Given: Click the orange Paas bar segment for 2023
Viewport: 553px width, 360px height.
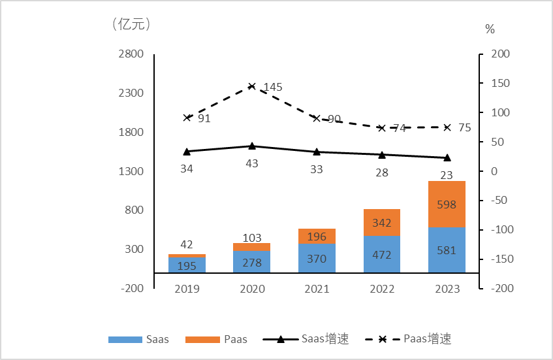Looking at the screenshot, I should pos(447,204).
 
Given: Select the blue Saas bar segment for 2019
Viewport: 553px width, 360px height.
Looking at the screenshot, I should pos(187,265).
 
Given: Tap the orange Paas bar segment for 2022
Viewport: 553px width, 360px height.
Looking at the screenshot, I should pos(382,223).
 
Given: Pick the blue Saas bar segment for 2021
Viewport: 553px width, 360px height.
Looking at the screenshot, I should pos(317,258).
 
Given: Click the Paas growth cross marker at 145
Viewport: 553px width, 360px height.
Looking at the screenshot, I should pos(252,86).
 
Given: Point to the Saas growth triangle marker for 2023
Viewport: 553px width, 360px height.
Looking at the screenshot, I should pos(447,157).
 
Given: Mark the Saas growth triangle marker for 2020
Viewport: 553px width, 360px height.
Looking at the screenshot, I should pos(252,146).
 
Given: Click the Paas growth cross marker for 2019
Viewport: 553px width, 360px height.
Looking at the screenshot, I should pos(187,118).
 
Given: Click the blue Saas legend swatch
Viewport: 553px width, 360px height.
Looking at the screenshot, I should pos(125,340).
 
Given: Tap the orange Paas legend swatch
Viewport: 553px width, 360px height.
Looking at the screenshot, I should pos(202,340).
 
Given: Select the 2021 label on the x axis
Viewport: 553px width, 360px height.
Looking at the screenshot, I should pos(317,289).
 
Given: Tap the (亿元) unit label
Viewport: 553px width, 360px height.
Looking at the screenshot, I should pos(131,24).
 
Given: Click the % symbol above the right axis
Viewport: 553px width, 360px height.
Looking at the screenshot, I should pos(490,29).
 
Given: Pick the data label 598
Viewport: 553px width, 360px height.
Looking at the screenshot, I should pos(447,205).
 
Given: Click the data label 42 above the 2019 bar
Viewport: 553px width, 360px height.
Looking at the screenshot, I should pos(187,244).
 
